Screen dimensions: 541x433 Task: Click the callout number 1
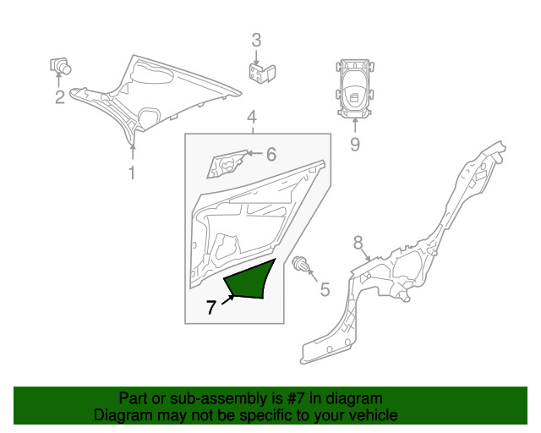point(131,173)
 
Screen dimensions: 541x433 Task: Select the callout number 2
point(60,98)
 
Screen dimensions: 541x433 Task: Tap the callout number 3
point(256,40)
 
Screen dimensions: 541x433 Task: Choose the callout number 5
point(324,291)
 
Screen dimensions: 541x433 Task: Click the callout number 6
point(270,154)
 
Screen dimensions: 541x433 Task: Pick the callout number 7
point(211,309)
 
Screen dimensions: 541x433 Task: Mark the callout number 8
point(358,242)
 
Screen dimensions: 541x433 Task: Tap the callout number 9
point(354,145)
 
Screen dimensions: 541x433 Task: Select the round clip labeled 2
point(62,64)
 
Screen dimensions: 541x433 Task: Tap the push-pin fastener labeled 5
point(299,265)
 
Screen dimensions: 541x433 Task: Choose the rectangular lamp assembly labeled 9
point(354,88)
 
